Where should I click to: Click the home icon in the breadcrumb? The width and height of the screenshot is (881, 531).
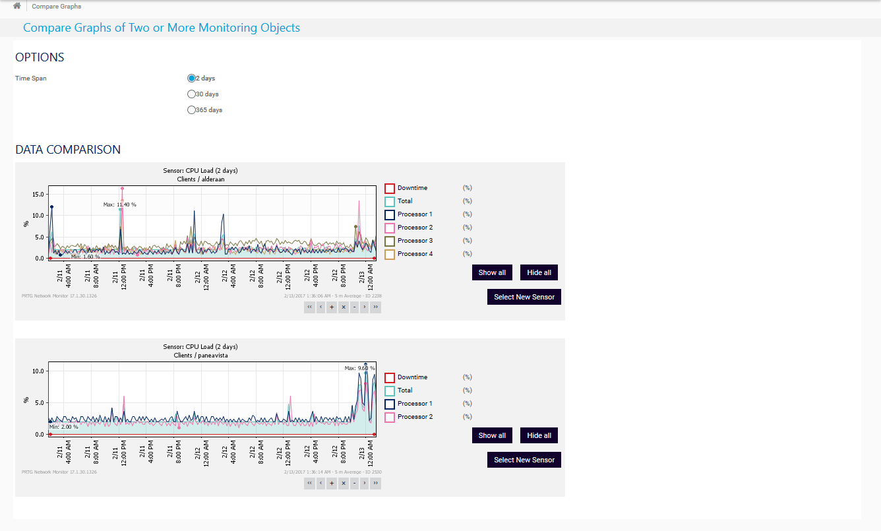pyautogui.click(x=17, y=6)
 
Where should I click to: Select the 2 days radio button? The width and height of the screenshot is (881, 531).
pyautogui.click(x=192, y=78)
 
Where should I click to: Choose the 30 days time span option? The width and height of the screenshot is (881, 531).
pyautogui.click(x=192, y=94)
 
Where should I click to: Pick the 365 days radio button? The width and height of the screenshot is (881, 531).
pyautogui.click(x=192, y=110)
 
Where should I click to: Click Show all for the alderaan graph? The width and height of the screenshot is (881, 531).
pyautogui.click(x=492, y=272)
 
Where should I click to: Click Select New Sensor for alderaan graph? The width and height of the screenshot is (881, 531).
pyautogui.click(x=524, y=297)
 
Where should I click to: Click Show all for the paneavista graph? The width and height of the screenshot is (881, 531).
pyautogui.click(x=492, y=435)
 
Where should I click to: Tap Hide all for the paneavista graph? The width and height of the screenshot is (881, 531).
pyautogui.click(x=539, y=435)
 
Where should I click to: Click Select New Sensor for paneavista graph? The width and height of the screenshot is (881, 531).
pyautogui.click(x=524, y=460)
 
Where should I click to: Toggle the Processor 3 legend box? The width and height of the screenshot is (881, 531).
pyautogui.click(x=390, y=241)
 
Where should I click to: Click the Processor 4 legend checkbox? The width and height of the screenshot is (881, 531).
pyautogui.click(x=390, y=254)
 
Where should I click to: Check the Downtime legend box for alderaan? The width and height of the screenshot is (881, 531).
pyautogui.click(x=390, y=189)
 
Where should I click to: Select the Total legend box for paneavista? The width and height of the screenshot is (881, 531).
pyautogui.click(x=390, y=390)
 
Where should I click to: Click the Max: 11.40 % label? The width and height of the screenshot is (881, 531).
pyautogui.click(x=119, y=204)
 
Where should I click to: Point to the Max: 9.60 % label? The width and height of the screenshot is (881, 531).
pyautogui.click(x=359, y=368)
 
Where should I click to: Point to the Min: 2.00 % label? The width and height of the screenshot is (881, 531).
pyautogui.click(x=64, y=427)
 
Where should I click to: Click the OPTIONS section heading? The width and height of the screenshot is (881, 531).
pyautogui.click(x=40, y=57)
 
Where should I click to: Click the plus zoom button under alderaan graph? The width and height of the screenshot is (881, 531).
pyautogui.click(x=332, y=307)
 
